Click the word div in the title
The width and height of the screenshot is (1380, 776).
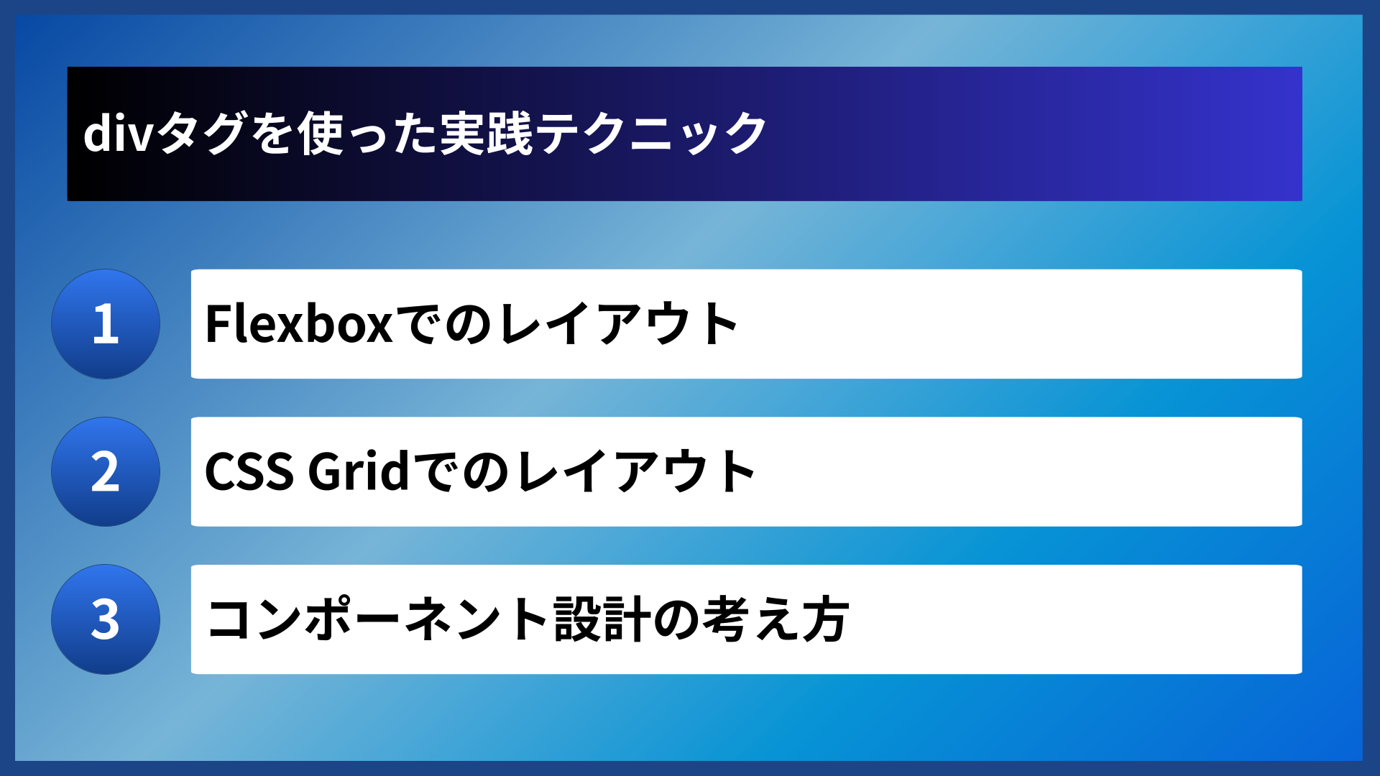point(117,134)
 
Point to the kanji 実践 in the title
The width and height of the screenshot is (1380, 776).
point(486,134)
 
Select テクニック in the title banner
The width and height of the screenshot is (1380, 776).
point(651,134)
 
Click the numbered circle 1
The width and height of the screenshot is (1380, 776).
point(106,324)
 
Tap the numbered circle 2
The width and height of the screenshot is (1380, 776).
point(106,472)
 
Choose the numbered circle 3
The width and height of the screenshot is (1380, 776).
point(106,619)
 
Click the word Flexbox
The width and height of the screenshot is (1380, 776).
point(298,324)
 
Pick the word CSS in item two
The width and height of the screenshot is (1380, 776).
point(249,472)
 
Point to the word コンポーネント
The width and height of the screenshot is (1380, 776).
point(378,619)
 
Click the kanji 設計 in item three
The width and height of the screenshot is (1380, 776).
point(602,619)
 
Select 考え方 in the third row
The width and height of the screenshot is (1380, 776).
point(776,619)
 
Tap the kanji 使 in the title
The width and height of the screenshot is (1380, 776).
point(321,134)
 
